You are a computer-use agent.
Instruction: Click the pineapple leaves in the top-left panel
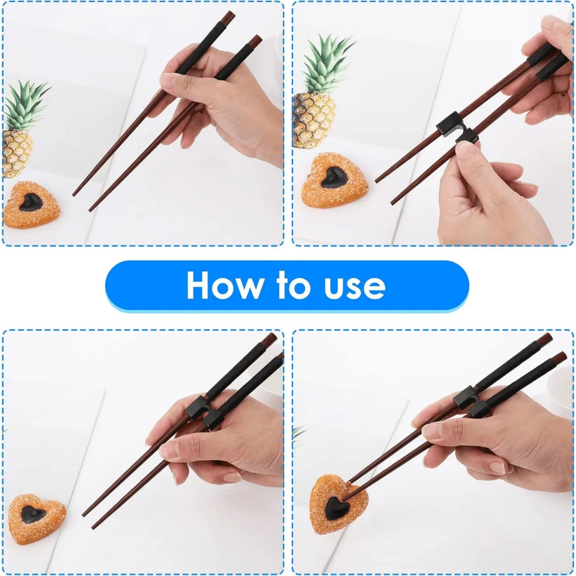tap(25, 104)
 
